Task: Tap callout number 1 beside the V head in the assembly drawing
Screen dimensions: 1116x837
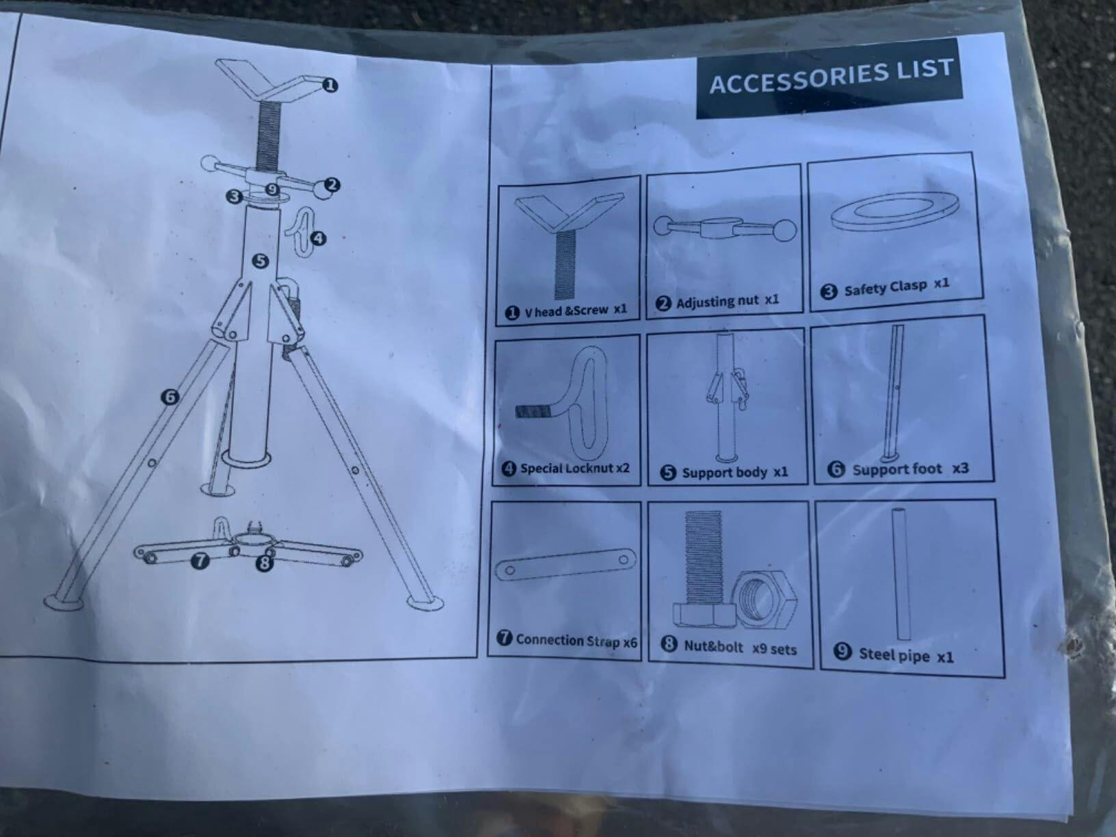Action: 330,85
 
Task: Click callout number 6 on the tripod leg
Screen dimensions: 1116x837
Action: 170,397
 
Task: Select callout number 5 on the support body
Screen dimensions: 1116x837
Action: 261,261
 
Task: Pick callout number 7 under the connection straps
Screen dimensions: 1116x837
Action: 200,561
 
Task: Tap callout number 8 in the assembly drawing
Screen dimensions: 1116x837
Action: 265,562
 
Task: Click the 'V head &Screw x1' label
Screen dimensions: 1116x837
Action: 566,311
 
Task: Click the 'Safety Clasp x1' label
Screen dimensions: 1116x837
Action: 885,288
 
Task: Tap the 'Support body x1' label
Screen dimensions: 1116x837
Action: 724,473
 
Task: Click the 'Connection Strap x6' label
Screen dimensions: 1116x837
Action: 567,640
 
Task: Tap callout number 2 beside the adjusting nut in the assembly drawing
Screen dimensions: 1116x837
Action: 332,185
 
